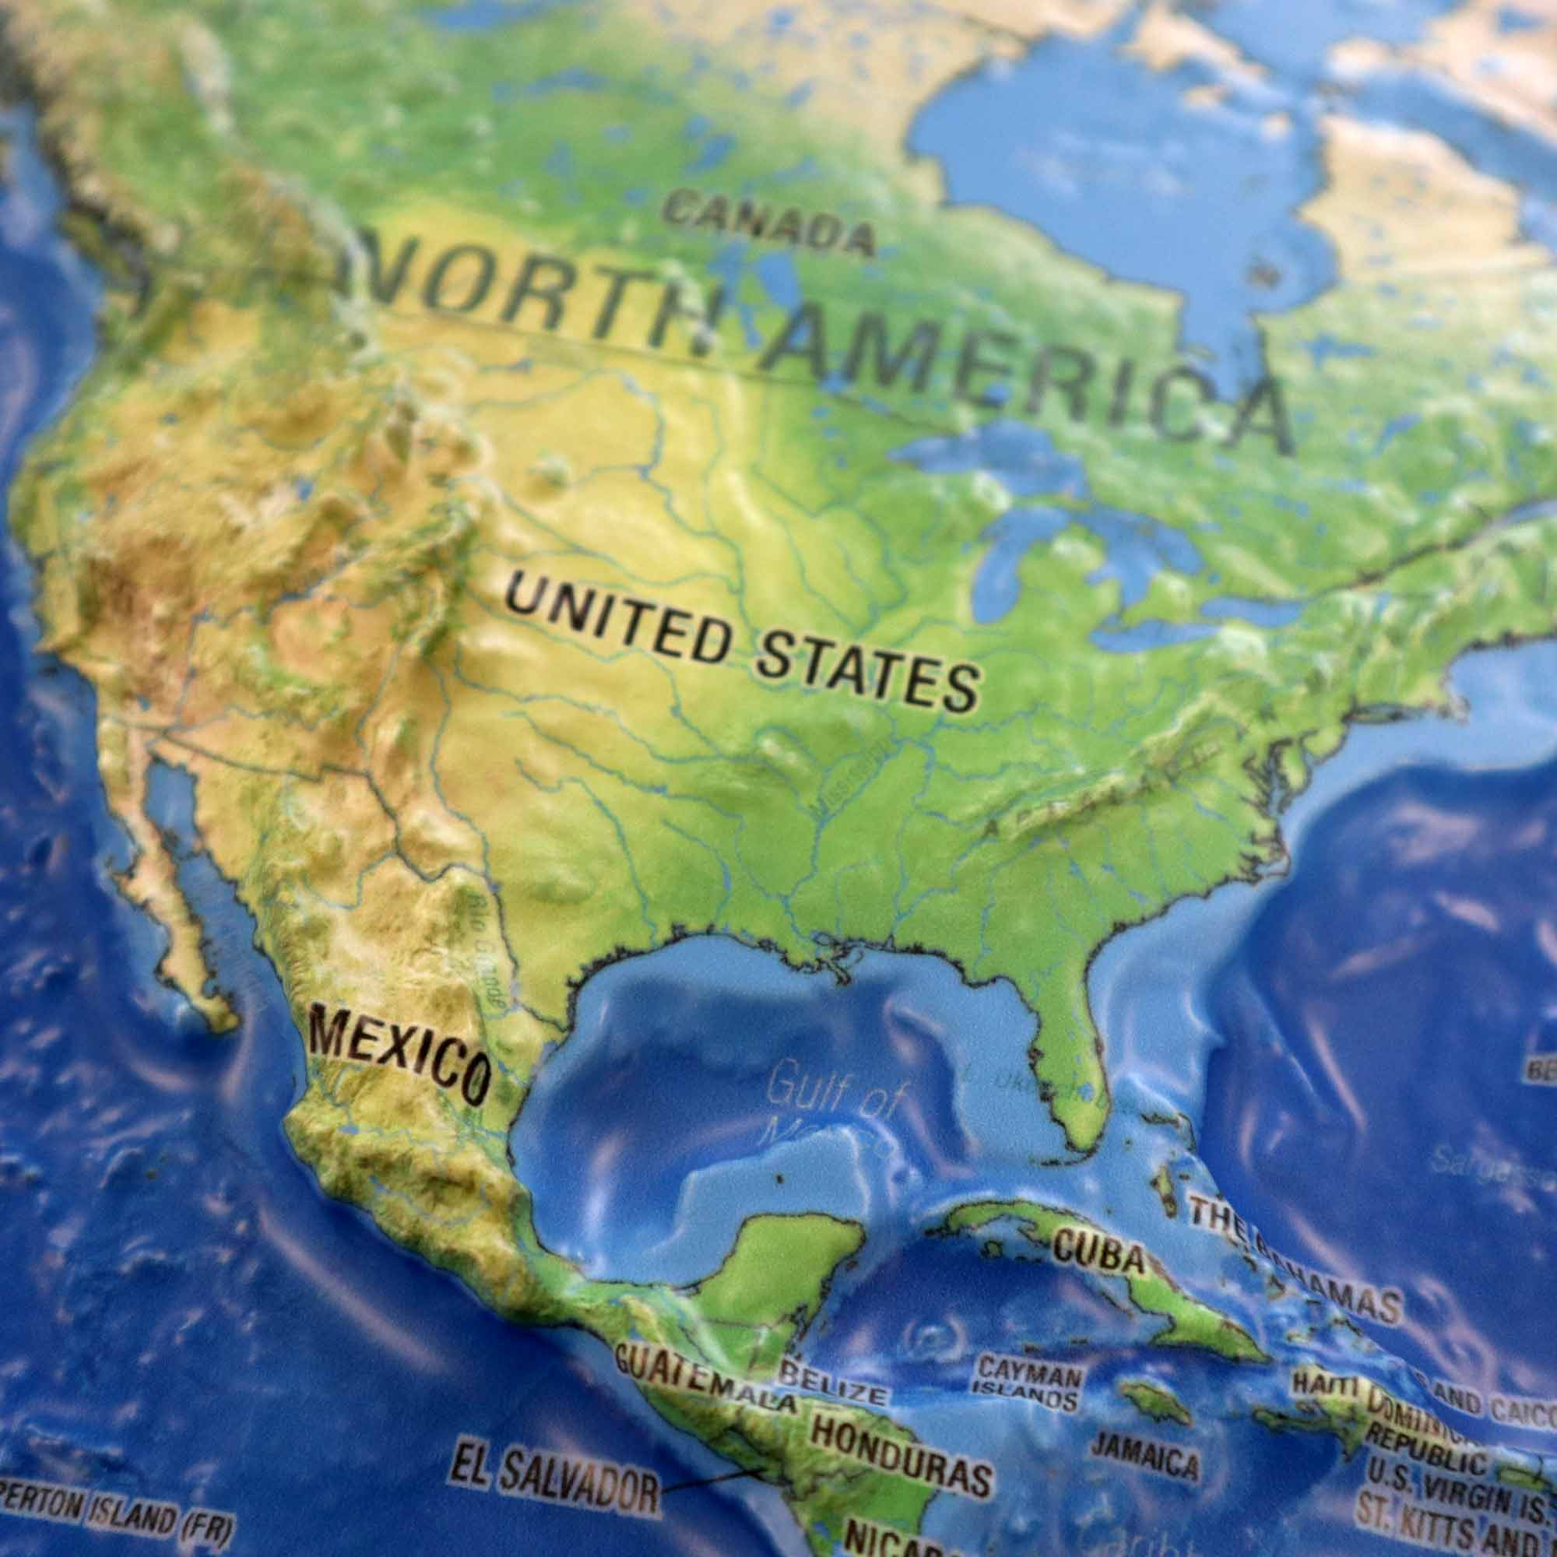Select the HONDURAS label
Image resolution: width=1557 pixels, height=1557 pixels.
[900, 1443]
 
